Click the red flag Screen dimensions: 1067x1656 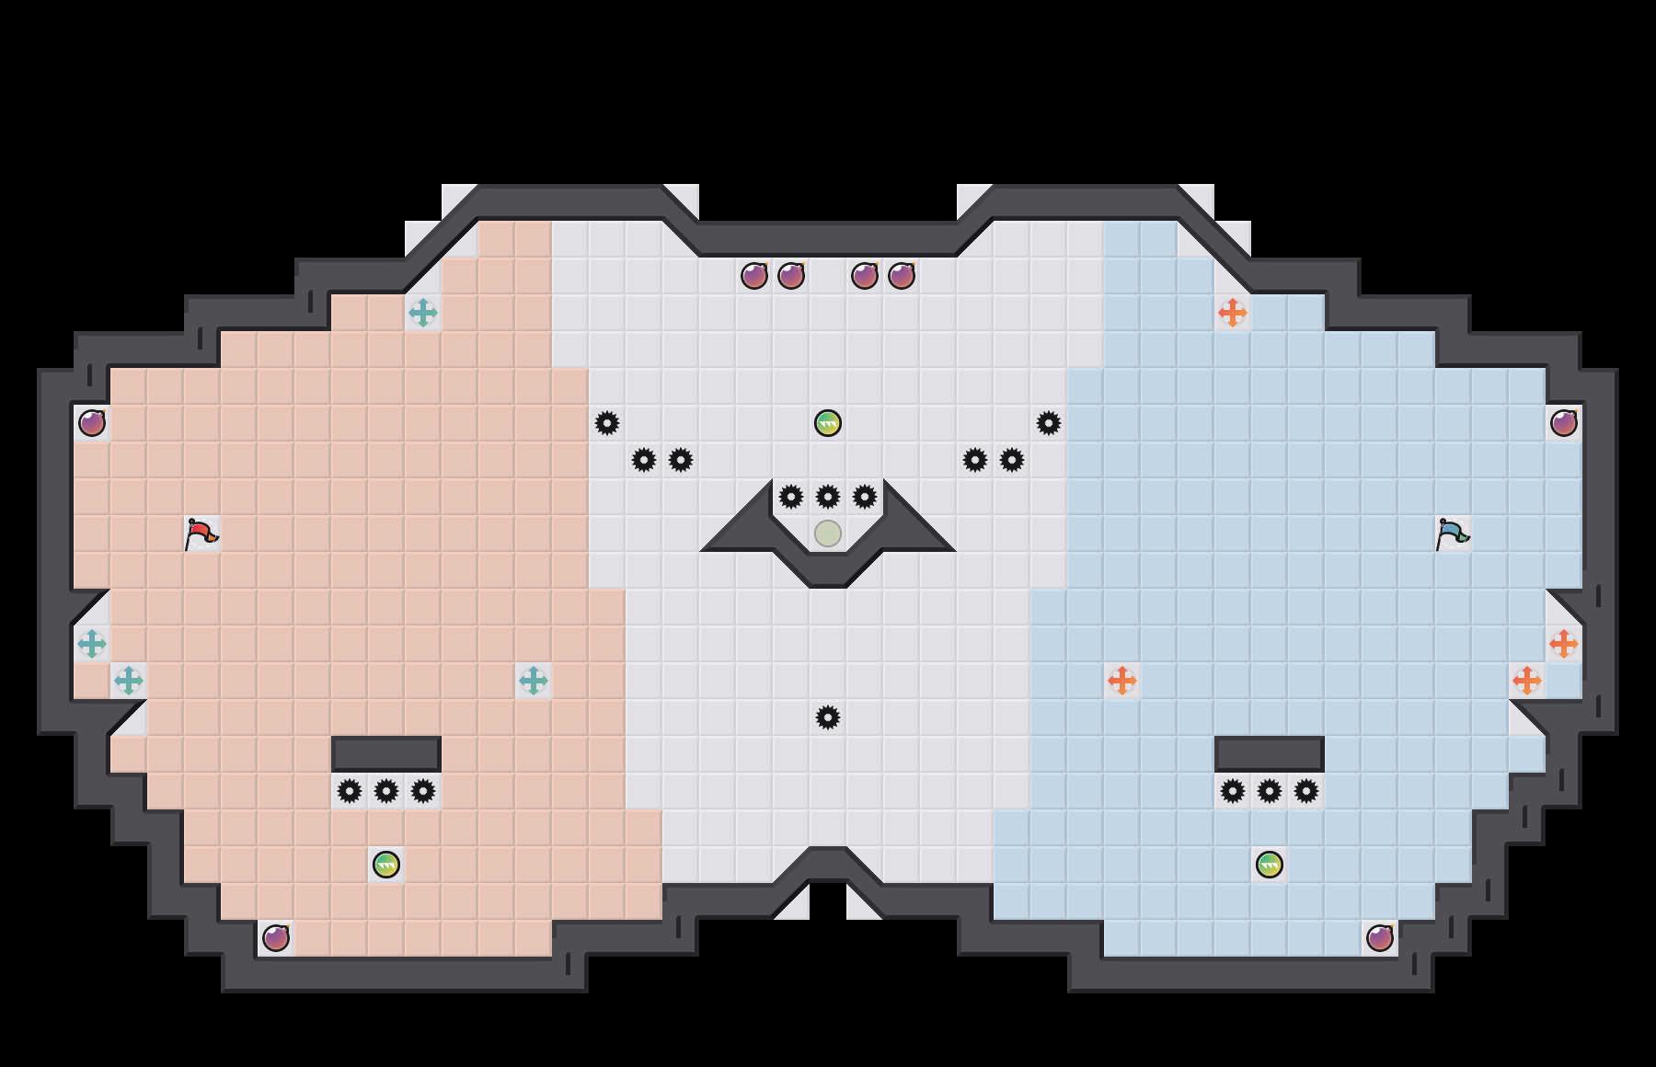201,533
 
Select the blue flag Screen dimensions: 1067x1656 1452,533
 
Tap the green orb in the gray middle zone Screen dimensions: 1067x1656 828,423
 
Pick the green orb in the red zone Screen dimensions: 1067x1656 386,865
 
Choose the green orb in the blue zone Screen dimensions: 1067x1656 1270,865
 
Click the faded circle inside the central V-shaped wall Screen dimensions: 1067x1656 828,533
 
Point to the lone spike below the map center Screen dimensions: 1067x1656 828,717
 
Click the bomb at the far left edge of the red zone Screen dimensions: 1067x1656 92,423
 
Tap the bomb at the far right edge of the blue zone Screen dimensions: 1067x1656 1564,423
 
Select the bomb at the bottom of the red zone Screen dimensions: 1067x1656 276,938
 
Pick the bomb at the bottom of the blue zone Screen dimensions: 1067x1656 1380,938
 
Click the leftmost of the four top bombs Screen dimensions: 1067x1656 754,276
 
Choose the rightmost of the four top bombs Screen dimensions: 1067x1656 902,276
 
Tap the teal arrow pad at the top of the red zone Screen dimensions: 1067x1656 423,313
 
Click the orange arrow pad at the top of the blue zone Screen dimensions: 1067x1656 1233,313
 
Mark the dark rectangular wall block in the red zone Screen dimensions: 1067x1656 386,753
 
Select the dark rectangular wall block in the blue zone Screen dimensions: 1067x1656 1270,753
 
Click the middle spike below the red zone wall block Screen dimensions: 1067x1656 386,791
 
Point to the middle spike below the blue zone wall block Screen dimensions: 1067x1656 1270,791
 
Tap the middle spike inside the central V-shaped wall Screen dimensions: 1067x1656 828,497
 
